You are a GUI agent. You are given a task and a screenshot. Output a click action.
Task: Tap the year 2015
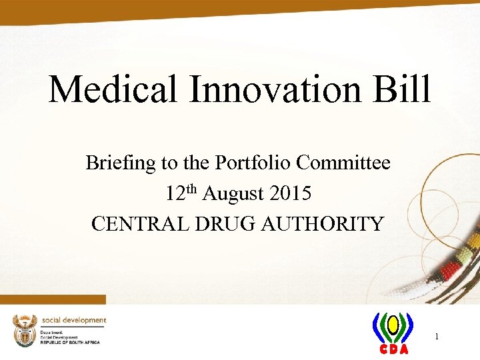[291, 194]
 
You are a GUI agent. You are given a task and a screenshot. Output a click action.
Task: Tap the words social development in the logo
[73, 321]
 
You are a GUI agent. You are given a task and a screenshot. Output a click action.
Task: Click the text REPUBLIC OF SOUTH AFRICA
[70, 342]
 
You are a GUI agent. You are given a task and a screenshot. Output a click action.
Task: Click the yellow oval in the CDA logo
[393, 326]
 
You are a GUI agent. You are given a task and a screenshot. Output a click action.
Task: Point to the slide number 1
[436, 337]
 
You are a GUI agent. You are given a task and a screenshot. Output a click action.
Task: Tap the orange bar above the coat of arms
[53, 299]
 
